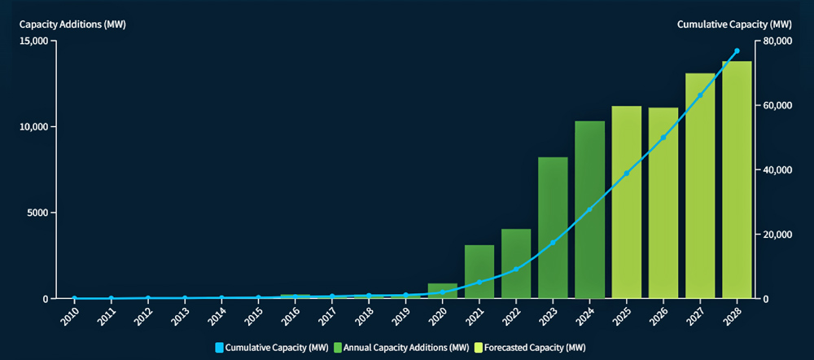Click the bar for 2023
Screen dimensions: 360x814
[x=553, y=228]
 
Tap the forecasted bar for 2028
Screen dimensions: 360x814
[x=737, y=180]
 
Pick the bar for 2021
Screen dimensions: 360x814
[x=479, y=272]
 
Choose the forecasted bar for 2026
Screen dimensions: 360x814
[x=663, y=203]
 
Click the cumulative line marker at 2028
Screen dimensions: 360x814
[x=737, y=50]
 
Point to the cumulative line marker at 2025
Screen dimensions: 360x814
[x=626, y=173]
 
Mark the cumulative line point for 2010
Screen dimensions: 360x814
[x=74, y=298]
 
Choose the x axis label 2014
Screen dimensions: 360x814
[x=217, y=314]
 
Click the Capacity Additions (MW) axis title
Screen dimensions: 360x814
[x=72, y=24]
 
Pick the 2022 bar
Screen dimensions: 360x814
[x=516, y=264]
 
